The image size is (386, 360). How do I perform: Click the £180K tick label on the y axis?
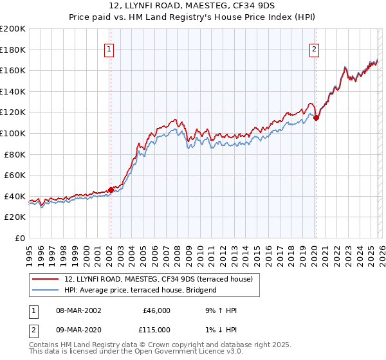[13, 50]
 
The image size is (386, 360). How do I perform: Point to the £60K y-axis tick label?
[15, 175]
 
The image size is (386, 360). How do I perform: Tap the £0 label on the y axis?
[20, 238]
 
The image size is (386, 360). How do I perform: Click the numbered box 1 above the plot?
[109, 50]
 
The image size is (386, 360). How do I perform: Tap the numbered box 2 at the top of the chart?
[315, 50]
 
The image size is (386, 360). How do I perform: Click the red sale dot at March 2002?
[111, 190]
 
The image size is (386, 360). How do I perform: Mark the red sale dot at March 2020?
[316, 118]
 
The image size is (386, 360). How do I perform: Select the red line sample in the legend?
[46, 279]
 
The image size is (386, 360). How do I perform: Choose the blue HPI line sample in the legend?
[46, 290]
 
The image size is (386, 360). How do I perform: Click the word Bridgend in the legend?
[201, 290]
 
